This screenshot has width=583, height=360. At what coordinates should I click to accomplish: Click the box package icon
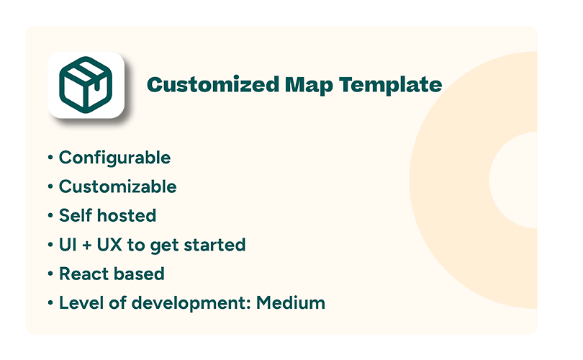click(86, 84)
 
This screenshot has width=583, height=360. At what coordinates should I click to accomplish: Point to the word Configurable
click(114, 158)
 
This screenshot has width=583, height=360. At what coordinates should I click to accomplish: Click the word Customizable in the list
click(117, 187)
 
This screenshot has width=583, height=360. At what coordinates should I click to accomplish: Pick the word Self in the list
click(74, 216)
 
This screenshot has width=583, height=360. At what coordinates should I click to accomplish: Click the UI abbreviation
click(67, 245)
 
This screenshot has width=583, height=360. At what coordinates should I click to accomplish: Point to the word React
click(82, 274)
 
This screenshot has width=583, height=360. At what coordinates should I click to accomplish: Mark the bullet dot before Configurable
click(50, 158)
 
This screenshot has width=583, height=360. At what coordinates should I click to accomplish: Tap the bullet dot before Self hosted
click(50, 217)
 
